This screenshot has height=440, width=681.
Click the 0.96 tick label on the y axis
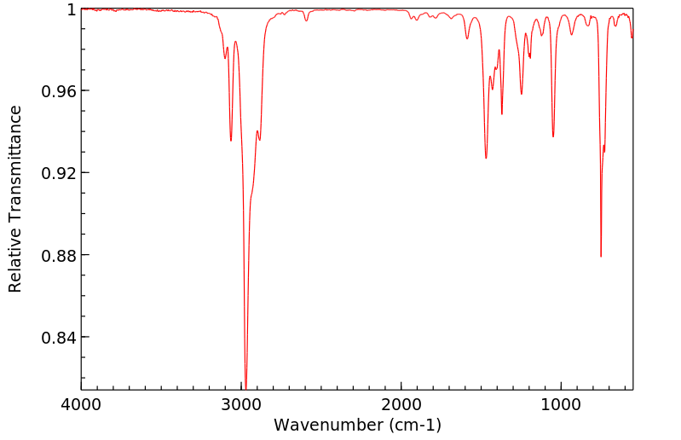coord(61,91)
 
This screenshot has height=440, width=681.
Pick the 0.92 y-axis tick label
coord(61,173)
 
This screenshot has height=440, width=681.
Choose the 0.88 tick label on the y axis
coord(61,255)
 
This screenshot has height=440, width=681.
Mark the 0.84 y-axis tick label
coord(61,338)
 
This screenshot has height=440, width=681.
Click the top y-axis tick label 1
coord(72,9)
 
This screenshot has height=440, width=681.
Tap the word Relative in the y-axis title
coord(15,266)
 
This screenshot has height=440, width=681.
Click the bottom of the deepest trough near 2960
coord(245,387)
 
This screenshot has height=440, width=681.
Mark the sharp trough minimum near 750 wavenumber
coord(601,256)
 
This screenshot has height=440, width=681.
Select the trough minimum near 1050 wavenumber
coord(553,136)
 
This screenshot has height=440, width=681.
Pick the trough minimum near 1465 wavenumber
coord(486,158)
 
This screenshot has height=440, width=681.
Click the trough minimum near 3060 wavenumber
coord(231,141)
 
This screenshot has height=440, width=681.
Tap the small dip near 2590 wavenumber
coord(306,20)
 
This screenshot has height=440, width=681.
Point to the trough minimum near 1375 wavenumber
coord(502,113)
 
